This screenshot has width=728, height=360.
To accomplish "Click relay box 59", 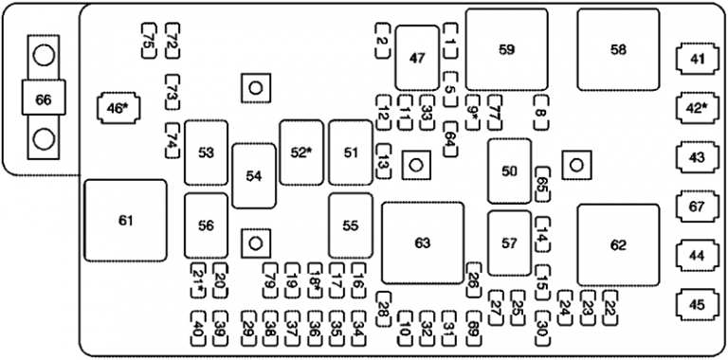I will tap(506, 50).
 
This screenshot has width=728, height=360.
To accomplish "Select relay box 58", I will tap(618, 50).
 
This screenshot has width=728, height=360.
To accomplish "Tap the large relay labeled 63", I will tap(423, 243).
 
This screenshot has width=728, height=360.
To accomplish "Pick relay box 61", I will tap(125, 221).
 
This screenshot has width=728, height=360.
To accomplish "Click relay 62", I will tap(618, 244).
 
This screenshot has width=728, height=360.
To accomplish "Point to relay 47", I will tap(417, 58).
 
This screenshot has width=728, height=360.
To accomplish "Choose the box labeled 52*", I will tap(301, 152).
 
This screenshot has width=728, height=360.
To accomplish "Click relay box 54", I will tap(253, 175).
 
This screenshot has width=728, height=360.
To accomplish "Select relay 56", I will tap(206, 225).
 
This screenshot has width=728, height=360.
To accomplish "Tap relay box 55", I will tap(351, 225).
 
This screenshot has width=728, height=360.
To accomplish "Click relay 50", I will tap(510, 171).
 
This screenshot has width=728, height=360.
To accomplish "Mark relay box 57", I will tap(510, 243).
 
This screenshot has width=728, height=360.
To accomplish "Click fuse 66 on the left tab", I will tap(44, 98).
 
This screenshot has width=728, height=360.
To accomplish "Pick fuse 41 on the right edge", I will tap(698, 60).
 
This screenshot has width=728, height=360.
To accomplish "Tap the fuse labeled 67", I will tap(698, 206).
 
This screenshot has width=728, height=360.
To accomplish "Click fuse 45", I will tap(698, 304).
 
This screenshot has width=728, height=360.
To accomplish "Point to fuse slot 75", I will tap(149, 40).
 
